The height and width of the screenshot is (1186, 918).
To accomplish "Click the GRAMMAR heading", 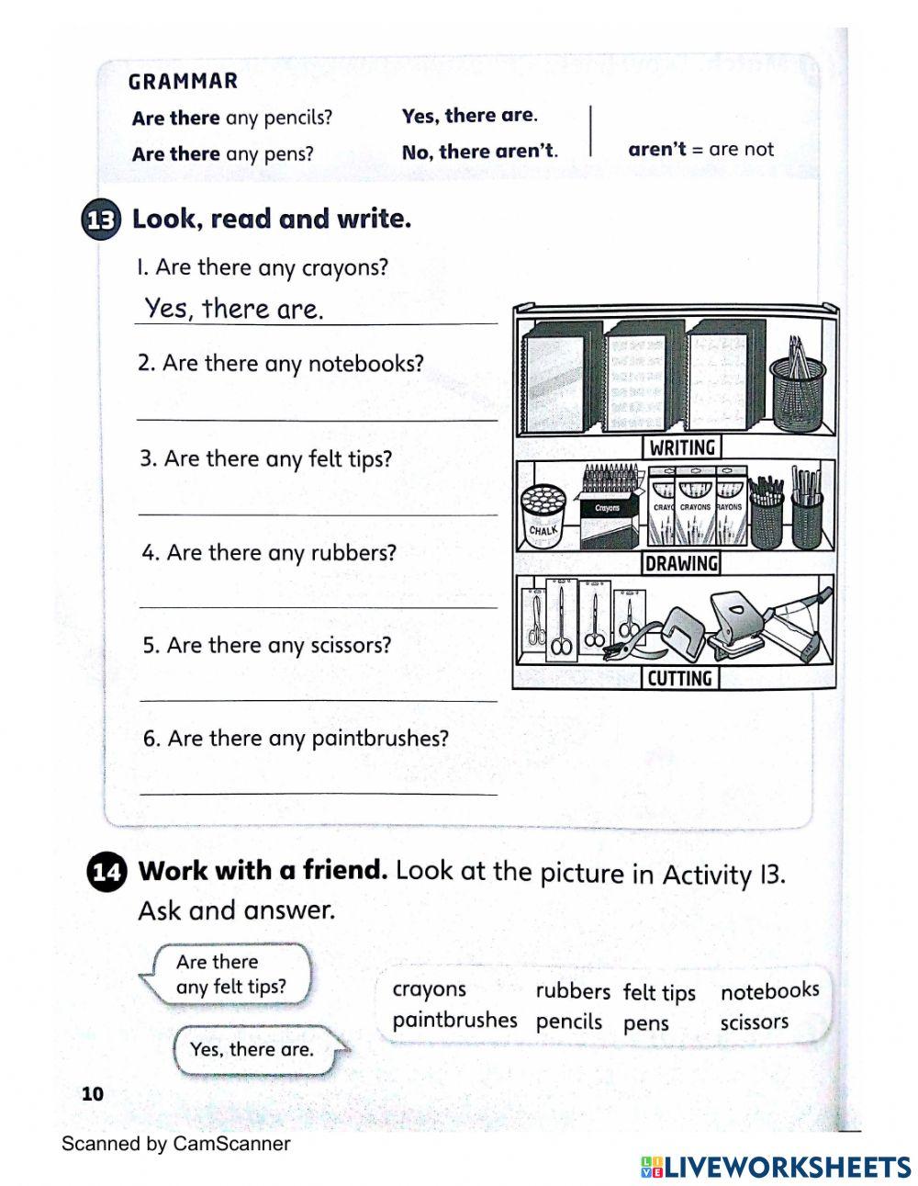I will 183,82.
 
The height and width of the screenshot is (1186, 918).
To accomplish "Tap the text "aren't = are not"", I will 700,150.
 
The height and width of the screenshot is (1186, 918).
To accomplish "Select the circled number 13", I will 101,221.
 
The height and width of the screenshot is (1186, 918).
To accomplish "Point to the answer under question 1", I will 234,309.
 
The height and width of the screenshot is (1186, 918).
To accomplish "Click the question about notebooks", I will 281,364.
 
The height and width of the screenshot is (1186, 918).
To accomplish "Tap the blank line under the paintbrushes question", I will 318,792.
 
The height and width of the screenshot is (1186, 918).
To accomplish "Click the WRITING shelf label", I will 681,447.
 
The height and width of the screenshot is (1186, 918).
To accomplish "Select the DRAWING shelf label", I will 681,563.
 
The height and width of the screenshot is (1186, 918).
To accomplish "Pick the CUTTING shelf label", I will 679,679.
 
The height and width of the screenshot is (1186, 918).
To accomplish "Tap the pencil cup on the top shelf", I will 797,386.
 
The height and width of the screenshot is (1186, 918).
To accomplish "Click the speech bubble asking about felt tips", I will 229,975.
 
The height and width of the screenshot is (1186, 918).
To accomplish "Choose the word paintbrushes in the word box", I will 454,1021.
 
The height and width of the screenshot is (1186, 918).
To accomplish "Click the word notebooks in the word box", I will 769,991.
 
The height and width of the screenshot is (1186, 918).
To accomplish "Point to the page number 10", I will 93,1094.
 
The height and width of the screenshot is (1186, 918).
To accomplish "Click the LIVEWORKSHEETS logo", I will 776,1167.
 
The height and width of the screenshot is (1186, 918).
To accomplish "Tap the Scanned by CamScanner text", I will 175,1144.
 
